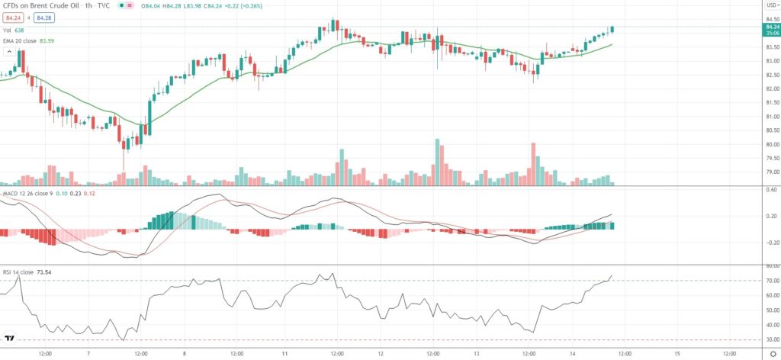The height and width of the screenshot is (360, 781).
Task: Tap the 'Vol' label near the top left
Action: click(x=6, y=31)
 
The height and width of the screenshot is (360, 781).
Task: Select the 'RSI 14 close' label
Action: click(x=20, y=271)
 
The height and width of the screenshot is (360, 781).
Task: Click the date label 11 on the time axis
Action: click(x=284, y=354)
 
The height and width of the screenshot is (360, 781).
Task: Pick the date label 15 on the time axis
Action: click(x=677, y=354)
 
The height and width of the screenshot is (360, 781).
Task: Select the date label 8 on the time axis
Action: click(x=185, y=354)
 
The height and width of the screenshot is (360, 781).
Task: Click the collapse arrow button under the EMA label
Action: click(x=10, y=52)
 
